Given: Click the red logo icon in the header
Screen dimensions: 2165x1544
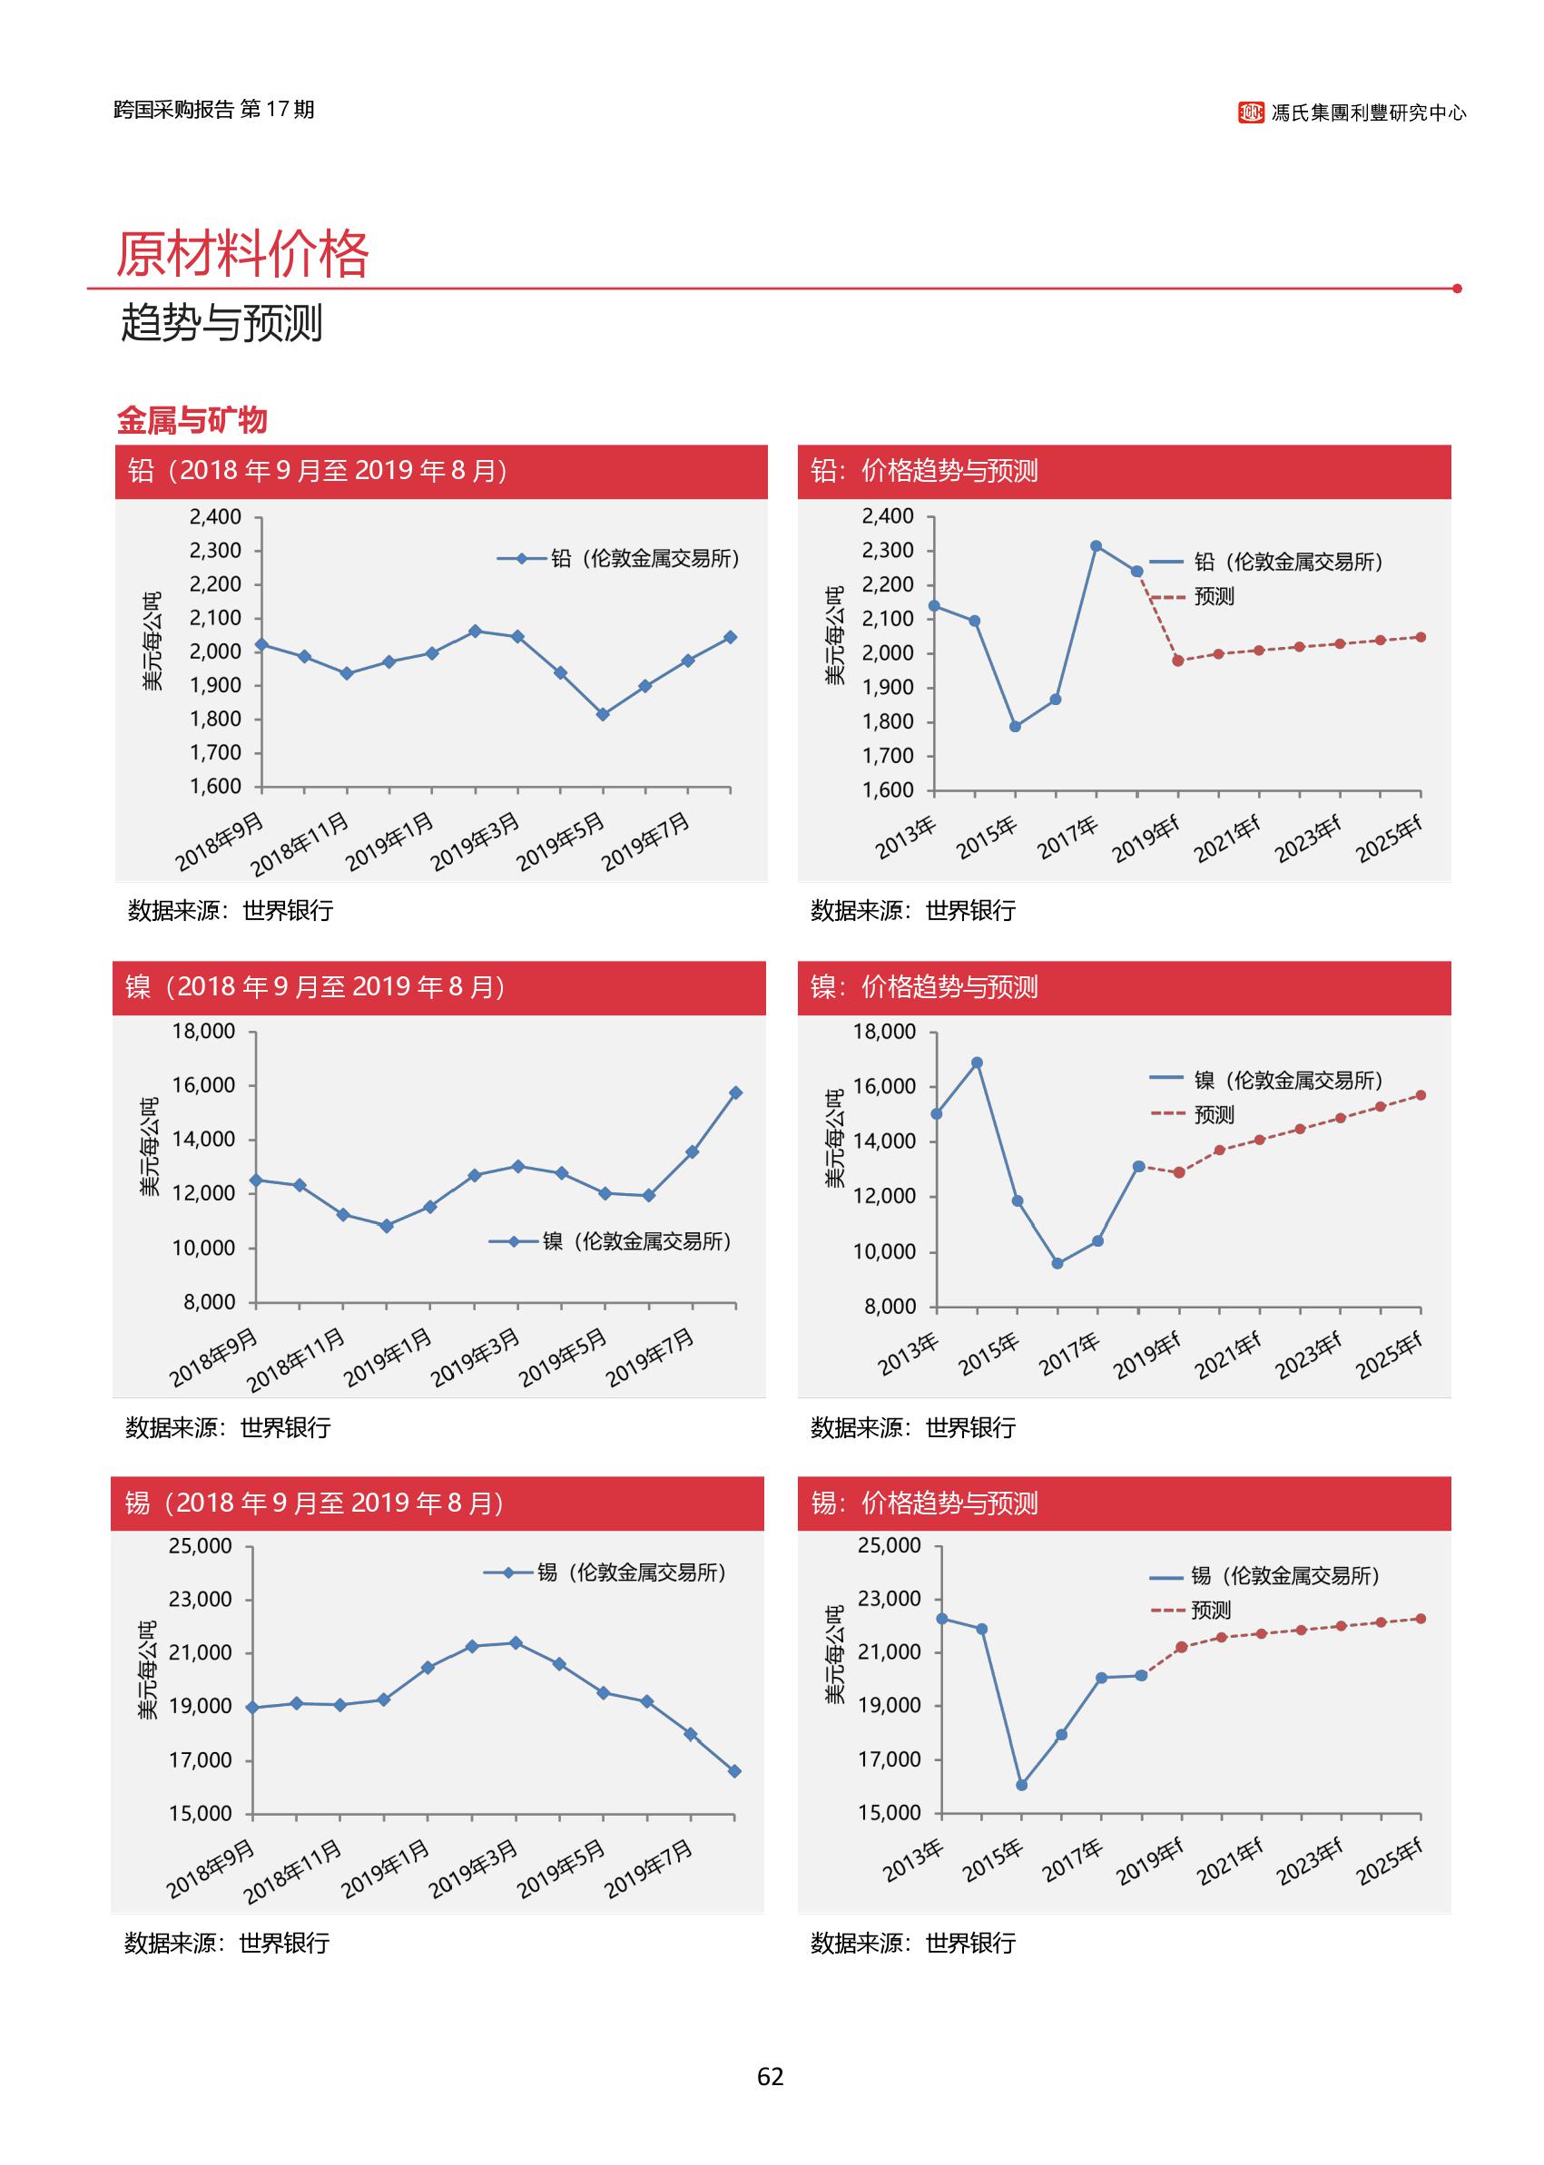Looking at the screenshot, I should (x=1250, y=113).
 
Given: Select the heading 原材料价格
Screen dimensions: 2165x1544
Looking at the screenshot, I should (x=241, y=254).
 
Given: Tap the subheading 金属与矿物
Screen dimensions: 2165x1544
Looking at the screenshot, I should (x=192, y=420).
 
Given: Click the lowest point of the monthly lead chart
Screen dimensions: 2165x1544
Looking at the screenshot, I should (x=603, y=715).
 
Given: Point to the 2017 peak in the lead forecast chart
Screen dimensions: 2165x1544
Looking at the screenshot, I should (x=1097, y=546).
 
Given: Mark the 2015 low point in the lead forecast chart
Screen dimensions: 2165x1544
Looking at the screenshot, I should (x=1016, y=727).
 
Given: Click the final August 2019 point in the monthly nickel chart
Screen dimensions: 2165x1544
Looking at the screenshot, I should (x=736, y=1093).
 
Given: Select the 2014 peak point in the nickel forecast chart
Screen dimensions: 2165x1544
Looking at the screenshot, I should (x=977, y=1063).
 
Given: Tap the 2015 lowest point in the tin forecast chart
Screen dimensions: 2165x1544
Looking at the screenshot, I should (x=1022, y=1785).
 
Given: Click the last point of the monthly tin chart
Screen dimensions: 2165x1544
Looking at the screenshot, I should (x=735, y=1770).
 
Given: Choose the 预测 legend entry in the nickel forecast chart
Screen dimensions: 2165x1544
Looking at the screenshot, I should (x=1213, y=1114).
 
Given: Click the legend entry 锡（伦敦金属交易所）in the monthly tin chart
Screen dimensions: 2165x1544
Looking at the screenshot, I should (x=631, y=1572).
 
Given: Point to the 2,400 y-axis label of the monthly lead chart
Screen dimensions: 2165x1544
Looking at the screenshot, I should (x=215, y=517).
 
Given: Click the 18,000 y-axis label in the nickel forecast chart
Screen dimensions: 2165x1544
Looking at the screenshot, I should (x=884, y=1032).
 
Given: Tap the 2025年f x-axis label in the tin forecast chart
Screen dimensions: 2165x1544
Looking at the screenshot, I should (x=1389, y=1862).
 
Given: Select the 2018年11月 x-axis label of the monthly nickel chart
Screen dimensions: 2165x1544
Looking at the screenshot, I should (x=297, y=1361).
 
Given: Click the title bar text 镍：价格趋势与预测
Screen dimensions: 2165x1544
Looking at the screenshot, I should (x=924, y=987).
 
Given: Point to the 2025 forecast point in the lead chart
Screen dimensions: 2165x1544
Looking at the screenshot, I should (x=1421, y=638).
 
